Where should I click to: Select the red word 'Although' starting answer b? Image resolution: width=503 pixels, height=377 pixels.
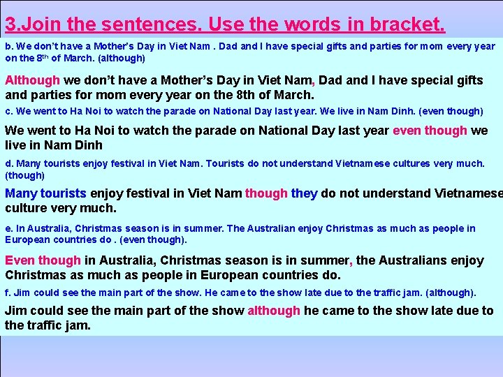[x=33, y=80]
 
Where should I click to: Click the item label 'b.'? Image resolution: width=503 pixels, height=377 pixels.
[x=9, y=47]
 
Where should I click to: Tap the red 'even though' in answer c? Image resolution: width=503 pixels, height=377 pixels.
[x=430, y=131]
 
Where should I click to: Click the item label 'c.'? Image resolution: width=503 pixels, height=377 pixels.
[x=9, y=111]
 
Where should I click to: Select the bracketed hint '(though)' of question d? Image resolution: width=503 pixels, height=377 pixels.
[x=25, y=175]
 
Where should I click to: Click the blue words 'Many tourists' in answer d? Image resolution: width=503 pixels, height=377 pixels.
[x=45, y=193]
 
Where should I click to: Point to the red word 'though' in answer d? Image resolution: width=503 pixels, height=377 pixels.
[x=266, y=193]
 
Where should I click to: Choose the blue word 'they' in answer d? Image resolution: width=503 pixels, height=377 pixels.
[x=305, y=193]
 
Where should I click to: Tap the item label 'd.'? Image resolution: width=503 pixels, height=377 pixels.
[x=9, y=164]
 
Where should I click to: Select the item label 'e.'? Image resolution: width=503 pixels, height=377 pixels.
[x=9, y=228]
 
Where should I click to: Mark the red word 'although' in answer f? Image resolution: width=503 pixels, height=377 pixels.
[x=274, y=311]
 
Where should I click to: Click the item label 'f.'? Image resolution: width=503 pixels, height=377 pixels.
[x=8, y=293]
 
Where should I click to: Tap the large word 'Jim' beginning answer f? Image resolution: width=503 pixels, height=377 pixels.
[x=16, y=311]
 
